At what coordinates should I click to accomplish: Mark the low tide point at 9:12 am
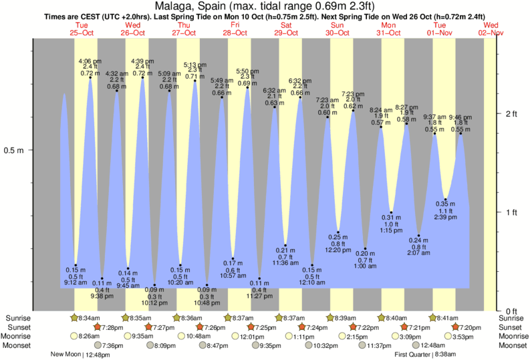coord(76,265)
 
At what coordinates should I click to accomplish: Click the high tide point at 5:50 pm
coord(248,87)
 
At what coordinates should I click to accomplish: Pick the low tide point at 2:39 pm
coord(446,199)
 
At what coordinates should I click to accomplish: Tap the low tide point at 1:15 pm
coord(392,212)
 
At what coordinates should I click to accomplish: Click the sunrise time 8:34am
coord(88,318)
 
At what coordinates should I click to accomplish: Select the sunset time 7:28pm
coord(113,327)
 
